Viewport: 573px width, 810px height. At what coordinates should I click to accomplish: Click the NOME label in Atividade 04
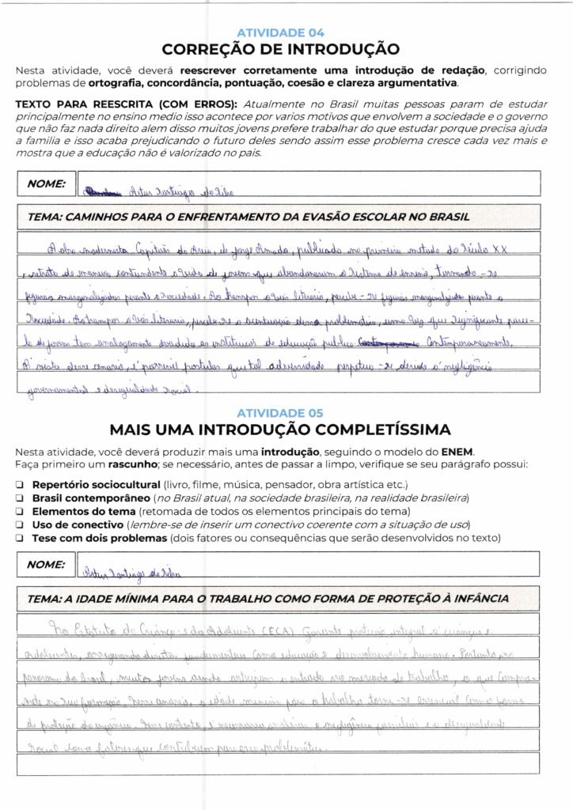[46, 184]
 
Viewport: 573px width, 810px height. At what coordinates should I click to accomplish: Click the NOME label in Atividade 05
[46, 565]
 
